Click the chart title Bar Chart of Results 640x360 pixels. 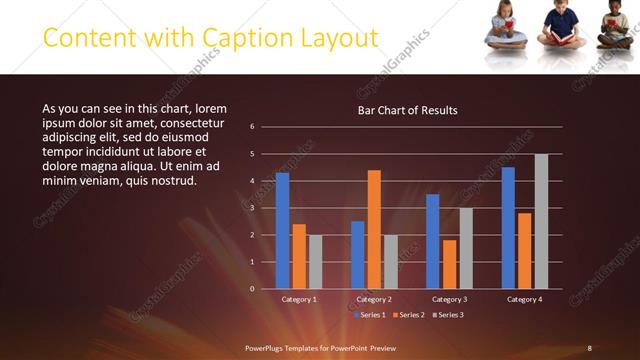click(408, 110)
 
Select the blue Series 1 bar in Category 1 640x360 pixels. click(282, 230)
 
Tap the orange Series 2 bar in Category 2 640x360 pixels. click(374, 229)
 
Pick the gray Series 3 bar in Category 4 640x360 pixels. click(541, 221)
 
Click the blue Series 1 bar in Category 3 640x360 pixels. click(432, 241)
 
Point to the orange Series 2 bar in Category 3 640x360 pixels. click(449, 264)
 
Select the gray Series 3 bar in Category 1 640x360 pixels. click(316, 261)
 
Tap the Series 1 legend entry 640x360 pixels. click(371, 315)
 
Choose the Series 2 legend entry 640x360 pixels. click(408, 315)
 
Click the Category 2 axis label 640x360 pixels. click(373, 299)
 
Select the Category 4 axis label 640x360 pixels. click(524, 299)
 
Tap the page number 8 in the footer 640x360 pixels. click(589, 347)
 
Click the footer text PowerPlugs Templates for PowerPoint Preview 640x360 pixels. click(321, 347)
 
